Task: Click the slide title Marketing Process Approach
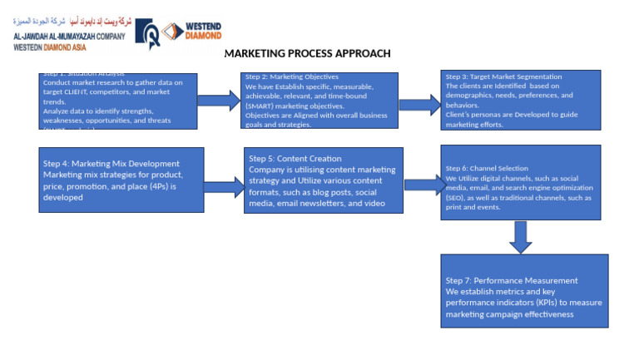click(307, 53)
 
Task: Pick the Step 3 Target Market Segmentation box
click(520, 100)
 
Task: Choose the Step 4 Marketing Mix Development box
click(121, 180)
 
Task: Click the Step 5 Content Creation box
click(323, 180)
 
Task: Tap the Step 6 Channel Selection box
click(520, 182)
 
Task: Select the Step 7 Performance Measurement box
click(523, 291)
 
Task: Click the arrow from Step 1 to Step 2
click(219, 101)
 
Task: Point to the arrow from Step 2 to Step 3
click(419, 104)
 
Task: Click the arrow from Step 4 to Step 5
click(223, 186)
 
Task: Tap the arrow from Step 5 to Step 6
click(423, 185)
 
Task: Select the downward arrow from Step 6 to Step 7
click(520, 236)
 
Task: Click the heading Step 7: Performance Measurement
click(511, 280)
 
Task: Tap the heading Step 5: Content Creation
click(295, 158)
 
